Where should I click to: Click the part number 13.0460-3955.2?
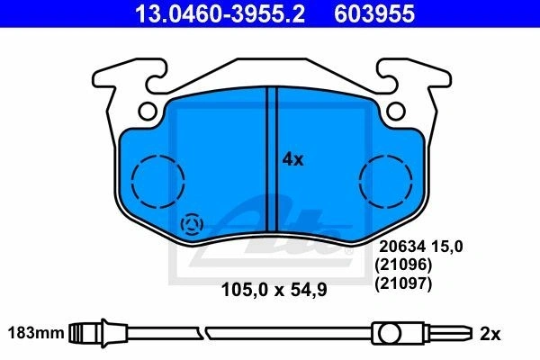click(x=220, y=13)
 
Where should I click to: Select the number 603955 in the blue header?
click(x=374, y=13)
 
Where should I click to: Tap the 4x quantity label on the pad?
click(x=292, y=160)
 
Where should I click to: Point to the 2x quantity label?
click(x=490, y=334)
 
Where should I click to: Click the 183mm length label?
click(x=36, y=333)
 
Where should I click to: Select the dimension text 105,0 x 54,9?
click(x=274, y=290)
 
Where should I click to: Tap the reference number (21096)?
click(x=403, y=265)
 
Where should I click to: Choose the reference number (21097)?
click(x=403, y=283)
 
